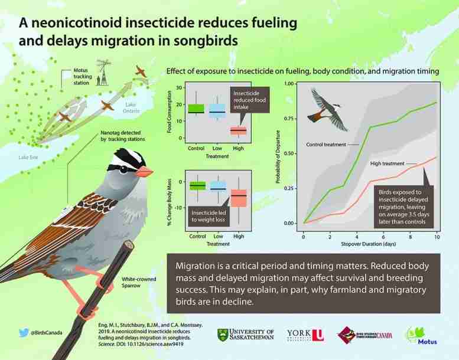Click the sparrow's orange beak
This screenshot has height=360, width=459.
144,172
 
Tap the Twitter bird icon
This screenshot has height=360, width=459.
24,332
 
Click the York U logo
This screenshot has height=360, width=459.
305,335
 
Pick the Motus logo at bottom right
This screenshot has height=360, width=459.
422,336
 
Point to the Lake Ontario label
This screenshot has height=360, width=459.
131,108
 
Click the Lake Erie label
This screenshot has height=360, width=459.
28,158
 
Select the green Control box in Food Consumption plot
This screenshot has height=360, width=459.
196,109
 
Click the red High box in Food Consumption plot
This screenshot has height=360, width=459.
239,130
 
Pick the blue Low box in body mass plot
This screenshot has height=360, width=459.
219,186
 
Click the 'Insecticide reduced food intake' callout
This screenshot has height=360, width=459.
249,100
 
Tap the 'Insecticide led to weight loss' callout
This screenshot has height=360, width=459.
209,217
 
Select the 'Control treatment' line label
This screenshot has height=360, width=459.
326,145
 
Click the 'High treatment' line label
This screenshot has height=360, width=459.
388,163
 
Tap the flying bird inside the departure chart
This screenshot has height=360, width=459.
327,109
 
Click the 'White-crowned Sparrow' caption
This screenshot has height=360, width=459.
139,282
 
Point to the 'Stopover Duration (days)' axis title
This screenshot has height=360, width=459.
368,244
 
